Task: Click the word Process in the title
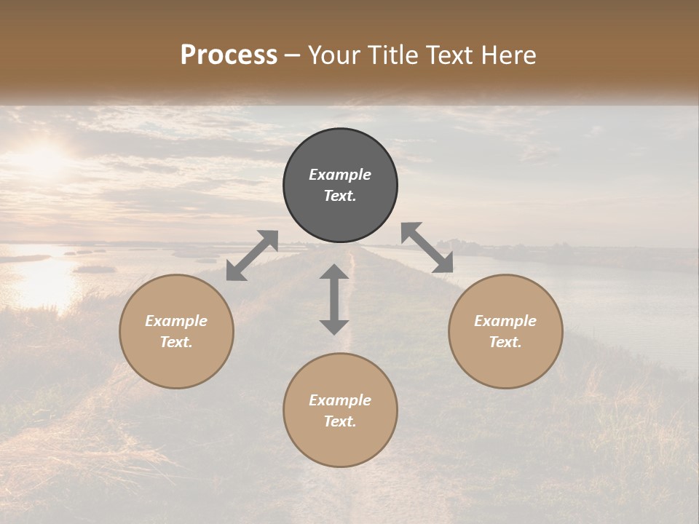point(229,55)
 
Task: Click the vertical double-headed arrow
point(334,299)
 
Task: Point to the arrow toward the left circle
point(252,255)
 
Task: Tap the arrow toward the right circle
point(427,247)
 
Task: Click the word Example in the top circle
point(340,175)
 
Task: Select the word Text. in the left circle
point(176,342)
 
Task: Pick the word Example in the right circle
point(505,321)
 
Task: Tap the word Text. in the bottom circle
point(340,421)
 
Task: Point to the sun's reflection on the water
point(40,280)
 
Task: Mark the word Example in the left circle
point(176,321)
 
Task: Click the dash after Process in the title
point(293,55)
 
